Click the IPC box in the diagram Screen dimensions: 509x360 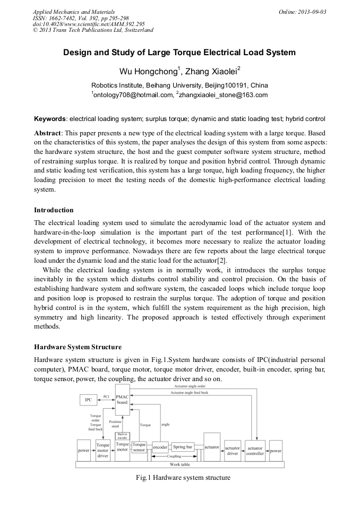[89, 399]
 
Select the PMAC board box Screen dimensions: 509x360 [122, 401]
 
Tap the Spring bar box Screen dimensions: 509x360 [182, 447]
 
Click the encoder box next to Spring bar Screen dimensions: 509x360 [160, 447]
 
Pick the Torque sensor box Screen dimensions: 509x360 [139, 447]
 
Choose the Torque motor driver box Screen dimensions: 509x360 [102, 450]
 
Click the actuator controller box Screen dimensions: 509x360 [255, 450]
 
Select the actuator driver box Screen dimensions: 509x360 [232, 450]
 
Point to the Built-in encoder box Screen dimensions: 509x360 [122, 435]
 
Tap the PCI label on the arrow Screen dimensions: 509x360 [106, 395]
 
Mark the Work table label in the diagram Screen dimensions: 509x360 [179, 464]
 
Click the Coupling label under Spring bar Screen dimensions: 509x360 [174, 456]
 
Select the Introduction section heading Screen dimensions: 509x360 [54, 210]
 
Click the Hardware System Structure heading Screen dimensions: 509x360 [78, 347]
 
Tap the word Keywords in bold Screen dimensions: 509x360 [50, 119]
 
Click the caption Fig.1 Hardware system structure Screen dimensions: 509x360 [183, 478]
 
